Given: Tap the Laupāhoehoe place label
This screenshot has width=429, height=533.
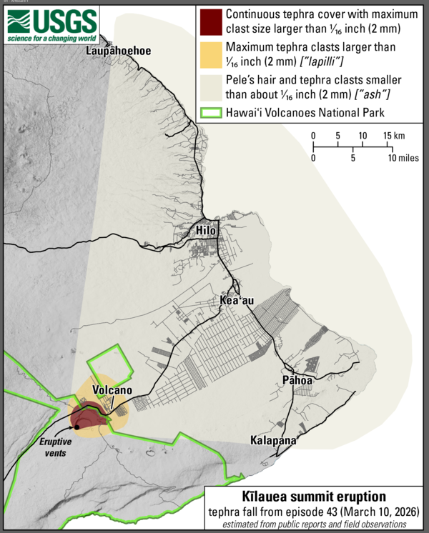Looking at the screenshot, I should (114, 51).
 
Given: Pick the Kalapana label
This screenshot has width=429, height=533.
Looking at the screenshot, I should (273, 441).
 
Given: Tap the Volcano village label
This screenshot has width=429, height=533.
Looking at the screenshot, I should (111, 391).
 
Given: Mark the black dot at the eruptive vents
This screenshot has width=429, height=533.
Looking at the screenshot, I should (77, 436).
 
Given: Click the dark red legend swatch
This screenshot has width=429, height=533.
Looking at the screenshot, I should (211, 21).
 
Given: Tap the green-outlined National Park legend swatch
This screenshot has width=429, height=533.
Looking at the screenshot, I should (211, 111).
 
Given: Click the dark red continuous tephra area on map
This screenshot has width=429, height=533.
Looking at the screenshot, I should (87, 415).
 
